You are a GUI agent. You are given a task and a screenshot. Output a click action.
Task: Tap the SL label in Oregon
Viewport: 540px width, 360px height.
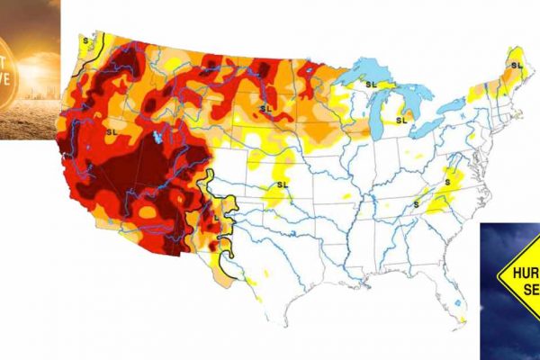[112, 131]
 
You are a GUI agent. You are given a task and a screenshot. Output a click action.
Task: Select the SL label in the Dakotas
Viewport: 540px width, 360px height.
[265, 109]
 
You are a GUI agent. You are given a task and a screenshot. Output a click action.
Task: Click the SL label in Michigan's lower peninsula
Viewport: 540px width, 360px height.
[400, 117]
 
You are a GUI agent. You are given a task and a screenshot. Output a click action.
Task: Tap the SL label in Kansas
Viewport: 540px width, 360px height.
[282, 185]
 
